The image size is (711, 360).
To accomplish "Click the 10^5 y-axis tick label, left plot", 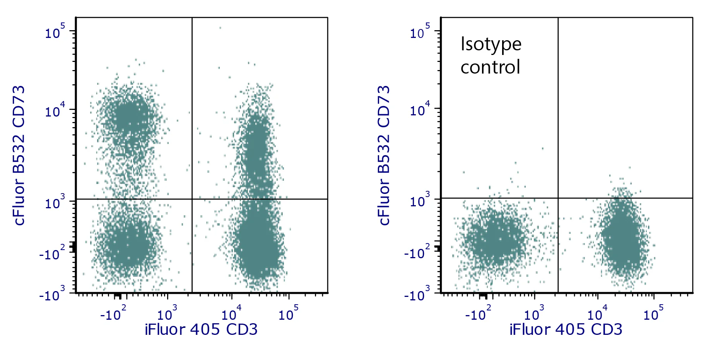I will pyautogui.click(x=55, y=32).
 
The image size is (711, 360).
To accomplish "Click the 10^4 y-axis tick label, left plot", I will pyautogui.click(x=55, y=111).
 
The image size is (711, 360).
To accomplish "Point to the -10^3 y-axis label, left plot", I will pyautogui.click(x=52, y=295).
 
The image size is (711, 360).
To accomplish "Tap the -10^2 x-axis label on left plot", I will pyautogui.click(x=113, y=314).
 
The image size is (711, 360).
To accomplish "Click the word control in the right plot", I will pyautogui.click(x=490, y=67).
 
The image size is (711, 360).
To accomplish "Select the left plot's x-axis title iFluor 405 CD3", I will pyautogui.click(x=201, y=330).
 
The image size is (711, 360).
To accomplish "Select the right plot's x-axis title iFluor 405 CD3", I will pyautogui.click(x=566, y=330).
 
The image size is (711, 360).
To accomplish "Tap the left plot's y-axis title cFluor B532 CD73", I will pyautogui.click(x=19, y=155).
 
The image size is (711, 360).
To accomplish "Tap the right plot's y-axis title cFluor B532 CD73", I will pyautogui.click(x=384, y=155).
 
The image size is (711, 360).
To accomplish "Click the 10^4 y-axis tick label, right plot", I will pyautogui.click(x=420, y=110).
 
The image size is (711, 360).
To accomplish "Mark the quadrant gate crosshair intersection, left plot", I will pyautogui.click(x=192, y=199).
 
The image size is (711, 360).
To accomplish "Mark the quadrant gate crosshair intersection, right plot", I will pyautogui.click(x=558, y=198).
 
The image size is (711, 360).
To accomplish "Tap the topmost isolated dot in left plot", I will pyautogui.click(x=220, y=28).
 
